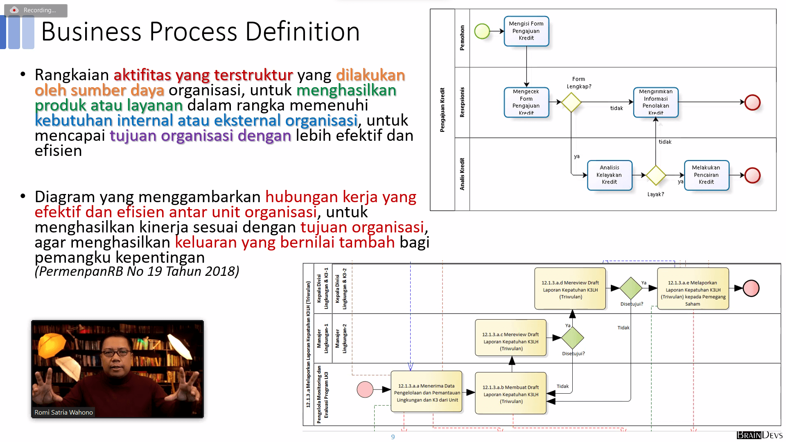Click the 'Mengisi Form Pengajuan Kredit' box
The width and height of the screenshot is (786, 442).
[526, 31]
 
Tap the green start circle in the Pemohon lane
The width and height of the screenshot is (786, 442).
[482, 31]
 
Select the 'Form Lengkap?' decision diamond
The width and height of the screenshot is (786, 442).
[571, 102]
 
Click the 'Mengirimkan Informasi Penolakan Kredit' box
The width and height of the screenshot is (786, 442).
[655, 102]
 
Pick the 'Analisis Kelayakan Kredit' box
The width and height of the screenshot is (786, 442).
[609, 175]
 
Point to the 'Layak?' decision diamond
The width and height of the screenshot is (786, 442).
[656, 175]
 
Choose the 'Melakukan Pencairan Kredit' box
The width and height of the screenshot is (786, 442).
[706, 175]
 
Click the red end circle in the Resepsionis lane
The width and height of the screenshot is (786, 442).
[752, 102]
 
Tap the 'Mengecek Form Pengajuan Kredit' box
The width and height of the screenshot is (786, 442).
[526, 102]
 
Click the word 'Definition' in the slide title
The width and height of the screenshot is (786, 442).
[303, 32]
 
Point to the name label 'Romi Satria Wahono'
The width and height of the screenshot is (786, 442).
[63, 412]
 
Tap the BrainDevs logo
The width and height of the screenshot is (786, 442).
[759, 435]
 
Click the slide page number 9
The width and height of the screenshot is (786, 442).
[393, 437]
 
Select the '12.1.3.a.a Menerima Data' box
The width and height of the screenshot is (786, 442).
[427, 392]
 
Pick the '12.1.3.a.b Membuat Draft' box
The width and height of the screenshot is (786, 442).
[510, 393]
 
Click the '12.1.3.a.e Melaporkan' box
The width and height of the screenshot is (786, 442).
[693, 289]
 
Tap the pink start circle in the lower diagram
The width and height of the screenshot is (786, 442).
[365, 389]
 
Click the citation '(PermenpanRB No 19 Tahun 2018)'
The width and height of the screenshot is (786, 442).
[137, 271]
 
